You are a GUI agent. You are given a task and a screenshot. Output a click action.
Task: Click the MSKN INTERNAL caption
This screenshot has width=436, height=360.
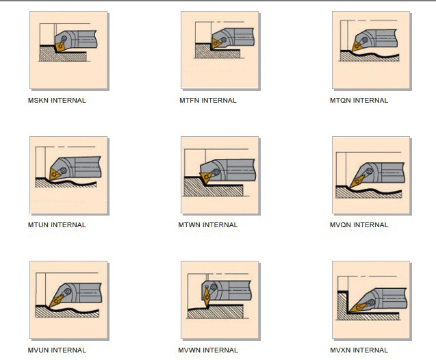pyautogui.click(x=57, y=101)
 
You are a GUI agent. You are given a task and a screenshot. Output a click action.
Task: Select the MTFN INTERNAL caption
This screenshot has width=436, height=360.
pyautogui.click(x=208, y=101)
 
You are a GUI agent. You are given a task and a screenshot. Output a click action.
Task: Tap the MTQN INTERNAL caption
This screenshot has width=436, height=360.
pyautogui.click(x=359, y=101)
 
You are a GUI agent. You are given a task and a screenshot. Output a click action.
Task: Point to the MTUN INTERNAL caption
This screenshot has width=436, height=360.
pyautogui.click(x=57, y=225)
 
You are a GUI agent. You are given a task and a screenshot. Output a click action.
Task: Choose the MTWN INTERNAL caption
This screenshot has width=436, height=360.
pyautogui.click(x=208, y=225)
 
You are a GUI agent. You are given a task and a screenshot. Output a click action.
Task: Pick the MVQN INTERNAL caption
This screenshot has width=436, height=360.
pyautogui.click(x=359, y=225)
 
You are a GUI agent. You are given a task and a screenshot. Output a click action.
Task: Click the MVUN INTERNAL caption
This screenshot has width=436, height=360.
pyautogui.click(x=57, y=350)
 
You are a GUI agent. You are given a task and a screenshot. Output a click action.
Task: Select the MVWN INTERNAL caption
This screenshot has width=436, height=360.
pyautogui.click(x=208, y=350)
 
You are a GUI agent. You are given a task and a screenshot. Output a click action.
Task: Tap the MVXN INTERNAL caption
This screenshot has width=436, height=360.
pyautogui.click(x=359, y=350)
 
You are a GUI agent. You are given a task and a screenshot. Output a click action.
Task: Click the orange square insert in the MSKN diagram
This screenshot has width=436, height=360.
pyautogui.click(x=60, y=47)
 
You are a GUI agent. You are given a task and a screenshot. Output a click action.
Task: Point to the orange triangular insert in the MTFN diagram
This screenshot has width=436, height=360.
pyautogui.click(x=216, y=43)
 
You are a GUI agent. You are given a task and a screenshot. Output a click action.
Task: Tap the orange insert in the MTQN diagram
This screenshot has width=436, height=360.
pyautogui.click(x=357, y=46)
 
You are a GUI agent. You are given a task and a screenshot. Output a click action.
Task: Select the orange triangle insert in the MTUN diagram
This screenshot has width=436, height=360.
pyautogui.click(x=54, y=175)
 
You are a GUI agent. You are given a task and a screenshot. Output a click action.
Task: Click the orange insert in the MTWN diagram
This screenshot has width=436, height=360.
pyautogui.click(x=206, y=177)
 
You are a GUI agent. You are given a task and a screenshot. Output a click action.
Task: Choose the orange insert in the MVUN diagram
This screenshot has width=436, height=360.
pyautogui.click(x=56, y=300)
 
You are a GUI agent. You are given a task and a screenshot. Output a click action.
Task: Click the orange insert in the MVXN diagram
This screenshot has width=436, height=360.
pyautogui.click(x=358, y=307)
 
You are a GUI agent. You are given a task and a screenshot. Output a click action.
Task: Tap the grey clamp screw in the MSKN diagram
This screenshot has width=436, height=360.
pyautogui.click(x=64, y=38)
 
